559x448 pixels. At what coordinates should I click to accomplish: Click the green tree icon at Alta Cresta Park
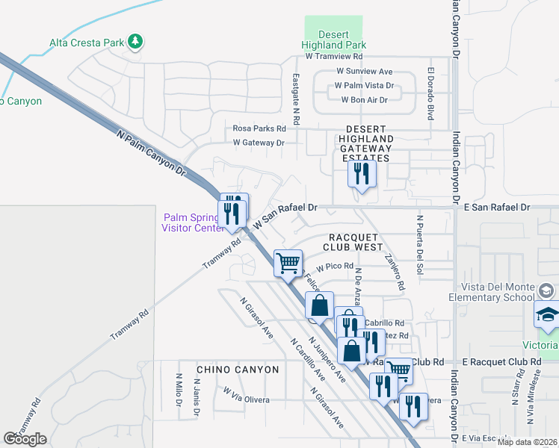(135, 41)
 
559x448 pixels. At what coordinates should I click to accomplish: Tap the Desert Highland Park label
(334, 40)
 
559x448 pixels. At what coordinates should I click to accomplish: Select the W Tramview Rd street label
(334, 56)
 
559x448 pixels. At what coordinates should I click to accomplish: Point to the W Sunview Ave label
(364, 72)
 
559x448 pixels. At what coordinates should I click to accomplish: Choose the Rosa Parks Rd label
(259, 128)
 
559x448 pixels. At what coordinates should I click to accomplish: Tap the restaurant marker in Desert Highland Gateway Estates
(362, 175)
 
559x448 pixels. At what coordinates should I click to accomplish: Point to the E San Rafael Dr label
(496, 207)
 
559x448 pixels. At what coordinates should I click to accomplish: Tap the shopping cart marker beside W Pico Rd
(288, 263)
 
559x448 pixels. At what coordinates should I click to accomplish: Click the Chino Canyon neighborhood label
(238, 370)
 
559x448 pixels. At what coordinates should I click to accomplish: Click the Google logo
(25, 439)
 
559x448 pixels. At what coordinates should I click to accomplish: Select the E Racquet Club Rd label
(501, 361)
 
